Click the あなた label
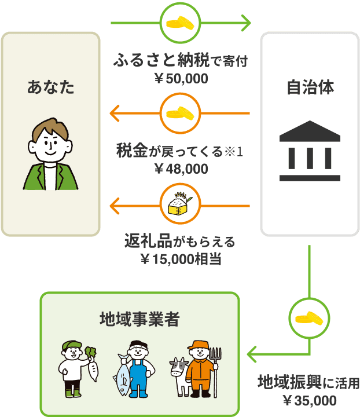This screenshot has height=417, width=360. pos(51,88)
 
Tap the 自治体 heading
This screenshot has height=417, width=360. pos(310,88)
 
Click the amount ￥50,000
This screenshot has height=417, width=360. pos(181,79)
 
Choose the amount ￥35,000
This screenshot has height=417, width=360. pos(310,400)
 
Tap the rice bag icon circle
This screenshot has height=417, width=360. pos(181,205)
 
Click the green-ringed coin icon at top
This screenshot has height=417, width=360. pos(181,24)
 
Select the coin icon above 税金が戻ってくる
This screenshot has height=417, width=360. pos(181,114)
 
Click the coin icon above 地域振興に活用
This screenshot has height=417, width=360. pos(310,318)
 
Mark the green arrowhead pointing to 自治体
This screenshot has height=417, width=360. pos(247,24)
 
